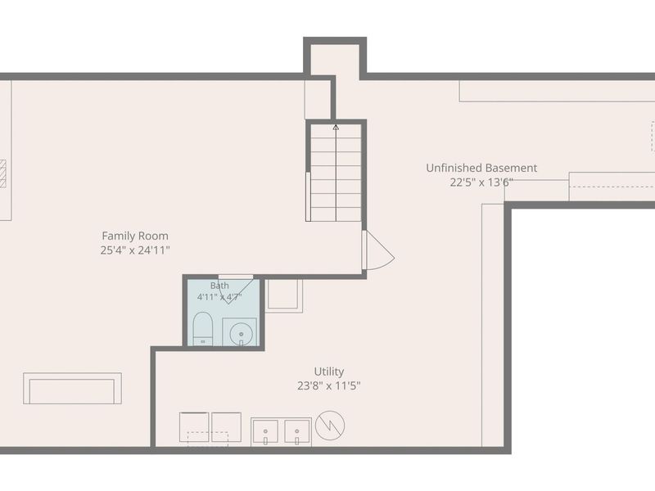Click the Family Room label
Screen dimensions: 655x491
(135, 236)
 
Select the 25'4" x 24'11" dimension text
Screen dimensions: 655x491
(135, 250)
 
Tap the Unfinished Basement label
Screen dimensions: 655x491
(481, 168)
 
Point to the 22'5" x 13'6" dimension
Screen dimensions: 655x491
(481, 182)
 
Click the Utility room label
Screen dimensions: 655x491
(329, 372)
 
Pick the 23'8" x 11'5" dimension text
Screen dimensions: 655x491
(329, 385)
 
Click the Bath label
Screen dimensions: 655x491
(219, 286)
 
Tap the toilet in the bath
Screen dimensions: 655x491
(203, 329)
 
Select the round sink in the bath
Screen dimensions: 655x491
(241, 333)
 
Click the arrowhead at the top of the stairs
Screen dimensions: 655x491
(336, 128)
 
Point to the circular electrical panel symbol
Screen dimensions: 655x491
(330, 426)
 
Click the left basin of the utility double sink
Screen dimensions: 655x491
(265, 432)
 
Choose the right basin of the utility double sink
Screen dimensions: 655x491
(296, 432)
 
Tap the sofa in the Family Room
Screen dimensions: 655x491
(72, 388)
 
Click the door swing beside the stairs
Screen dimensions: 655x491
(378, 250)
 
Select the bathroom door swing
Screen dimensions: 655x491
(236, 290)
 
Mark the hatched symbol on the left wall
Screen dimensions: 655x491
(3, 173)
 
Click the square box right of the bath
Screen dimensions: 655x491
(284, 295)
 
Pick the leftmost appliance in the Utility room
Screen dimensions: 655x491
(194, 427)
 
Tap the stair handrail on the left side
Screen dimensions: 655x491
(309, 196)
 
